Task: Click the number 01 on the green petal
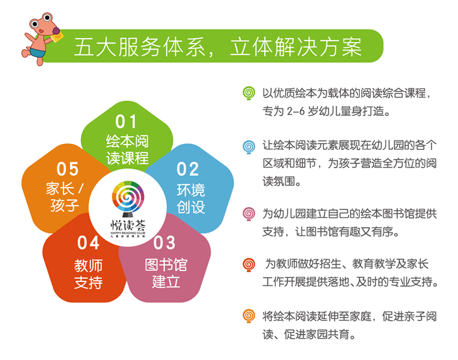[126, 122]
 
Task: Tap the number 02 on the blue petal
[188, 169]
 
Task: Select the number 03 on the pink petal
[164, 243]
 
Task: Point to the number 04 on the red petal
[88, 243]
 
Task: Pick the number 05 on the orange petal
[67, 169]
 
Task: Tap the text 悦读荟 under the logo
[128, 225]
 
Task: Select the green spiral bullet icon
[249, 93]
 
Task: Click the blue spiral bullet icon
[249, 147]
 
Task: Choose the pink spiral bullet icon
[249, 214]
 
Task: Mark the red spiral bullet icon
[249, 264]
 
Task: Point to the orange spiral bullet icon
[249, 316]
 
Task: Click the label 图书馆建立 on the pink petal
[166, 273]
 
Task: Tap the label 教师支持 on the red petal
[88, 274]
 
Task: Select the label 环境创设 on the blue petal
[191, 199]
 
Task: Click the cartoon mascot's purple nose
[56, 31]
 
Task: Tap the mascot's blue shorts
[38, 53]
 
